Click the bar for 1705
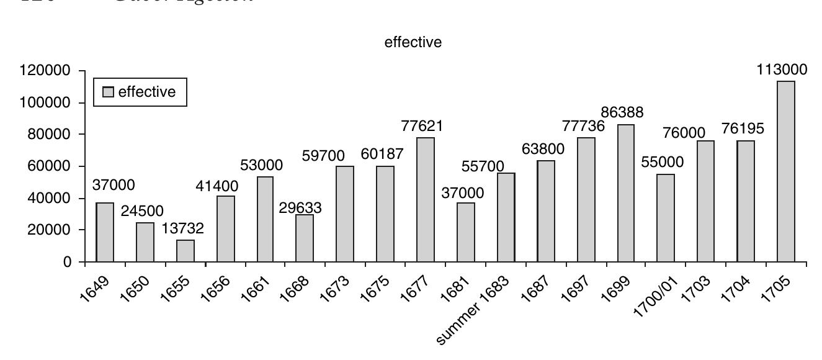(785, 171)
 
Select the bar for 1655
(185, 251)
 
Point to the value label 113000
(782, 70)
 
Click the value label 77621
(422, 127)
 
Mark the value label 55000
(662, 163)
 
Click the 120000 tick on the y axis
(44, 71)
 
